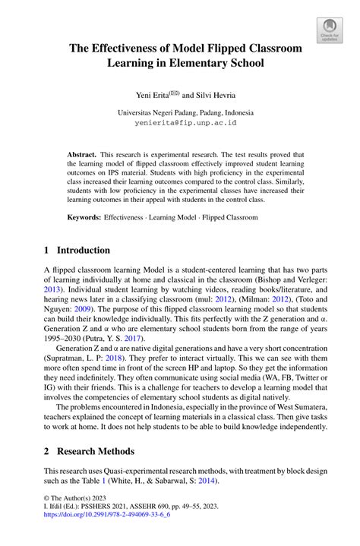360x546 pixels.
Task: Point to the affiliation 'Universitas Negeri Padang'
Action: click(161, 111)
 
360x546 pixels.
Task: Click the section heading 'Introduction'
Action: click(84, 250)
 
